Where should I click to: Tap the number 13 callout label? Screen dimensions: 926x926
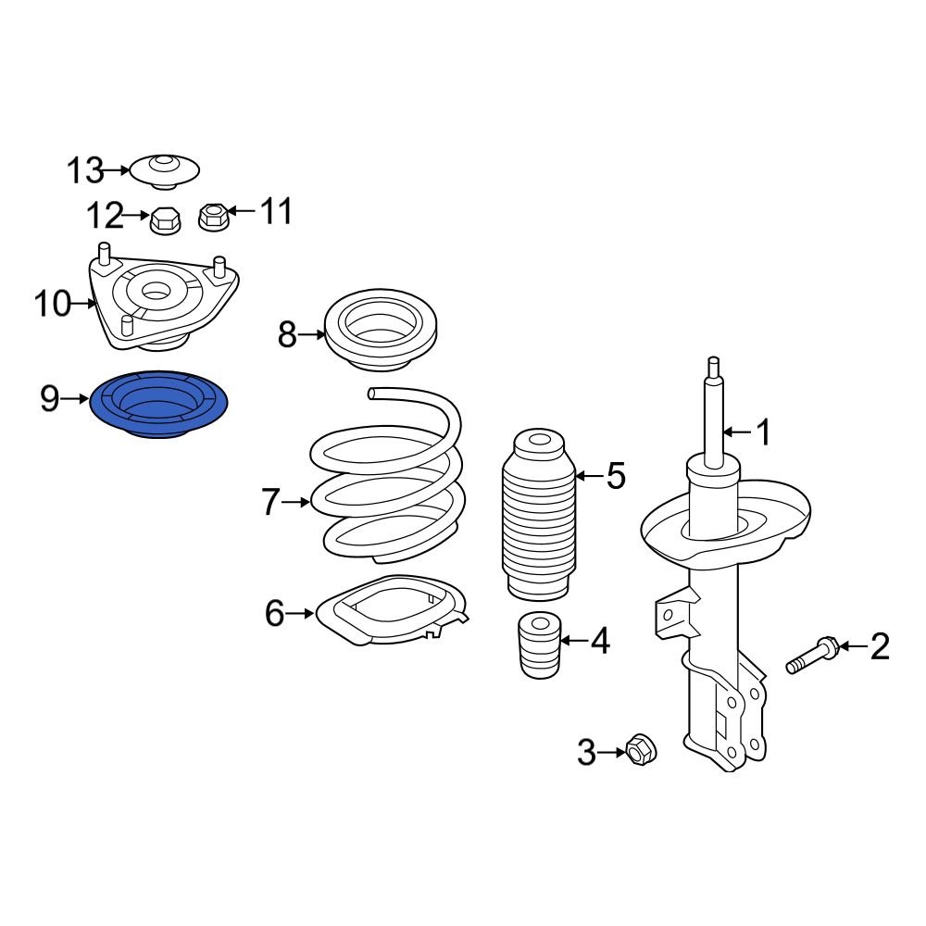click(x=85, y=170)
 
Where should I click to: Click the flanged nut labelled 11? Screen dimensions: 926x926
click(x=213, y=217)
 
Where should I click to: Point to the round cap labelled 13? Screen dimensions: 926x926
click(x=164, y=170)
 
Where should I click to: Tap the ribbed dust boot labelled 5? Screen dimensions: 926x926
click(x=538, y=519)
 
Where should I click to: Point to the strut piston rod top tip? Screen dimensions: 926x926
click(x=713, y=362)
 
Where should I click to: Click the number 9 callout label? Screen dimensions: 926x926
click(x=49, y=399)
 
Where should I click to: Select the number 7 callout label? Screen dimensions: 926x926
click(x=269, y=503)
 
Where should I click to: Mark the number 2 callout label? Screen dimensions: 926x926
click(x=879, y=645)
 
